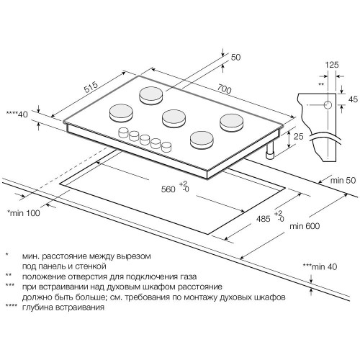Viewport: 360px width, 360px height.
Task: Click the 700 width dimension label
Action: (x=225, y=89)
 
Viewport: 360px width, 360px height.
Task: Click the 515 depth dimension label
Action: (x=91, y=87)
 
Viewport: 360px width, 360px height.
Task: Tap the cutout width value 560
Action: (x=168, y=189)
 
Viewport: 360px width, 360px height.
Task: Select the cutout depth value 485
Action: (x=264, y=219)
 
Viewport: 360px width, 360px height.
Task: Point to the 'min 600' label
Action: (x=305, y=226)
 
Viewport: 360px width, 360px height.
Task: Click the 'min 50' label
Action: (x=343, y=180)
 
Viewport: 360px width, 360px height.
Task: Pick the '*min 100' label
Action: (x=24, y=213)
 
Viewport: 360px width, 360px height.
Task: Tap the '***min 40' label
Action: (x=320, y=266)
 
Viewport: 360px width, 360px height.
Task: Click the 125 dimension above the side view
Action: (x=332, y=65)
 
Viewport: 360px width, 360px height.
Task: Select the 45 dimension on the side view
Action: (x=353, y=99)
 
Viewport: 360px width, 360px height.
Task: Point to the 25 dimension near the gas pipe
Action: (x=299, y=136)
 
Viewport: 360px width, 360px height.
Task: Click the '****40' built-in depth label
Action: (x=17, y=114)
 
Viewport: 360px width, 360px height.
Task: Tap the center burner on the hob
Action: (x=174, y=118)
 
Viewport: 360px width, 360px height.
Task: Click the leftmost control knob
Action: (x=124, y=132)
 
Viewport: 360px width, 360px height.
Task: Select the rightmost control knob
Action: (x=166, y=147)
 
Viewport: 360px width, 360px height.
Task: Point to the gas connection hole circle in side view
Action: (x=328, y=105)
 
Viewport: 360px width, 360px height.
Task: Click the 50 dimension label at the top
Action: (x=235, y=57)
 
